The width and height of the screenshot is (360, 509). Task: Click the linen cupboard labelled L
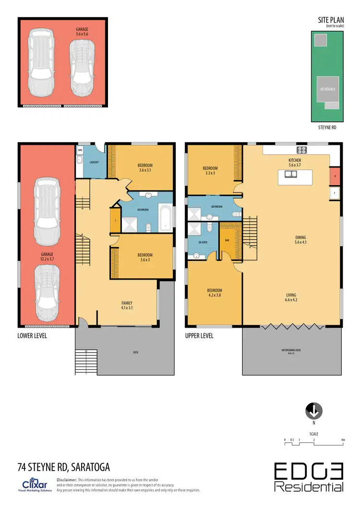click(115, 220)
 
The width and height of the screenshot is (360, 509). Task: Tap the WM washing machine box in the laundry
click(80, 151)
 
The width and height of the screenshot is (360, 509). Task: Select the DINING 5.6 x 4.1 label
click(301, 240)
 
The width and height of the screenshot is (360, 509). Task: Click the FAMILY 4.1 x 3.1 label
click(127, 305)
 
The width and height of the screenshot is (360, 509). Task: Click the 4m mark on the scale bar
click(343, 439)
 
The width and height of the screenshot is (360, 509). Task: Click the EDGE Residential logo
click(309, 477)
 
